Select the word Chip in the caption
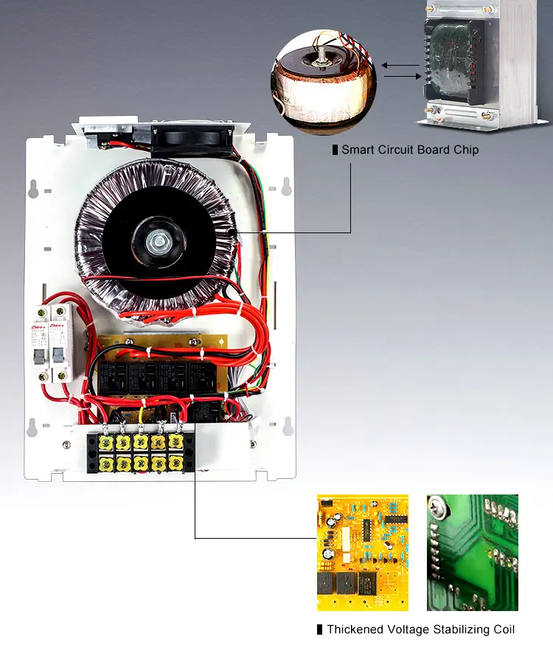466,150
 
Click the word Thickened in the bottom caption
355,630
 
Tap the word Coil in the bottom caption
501,630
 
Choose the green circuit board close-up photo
472,552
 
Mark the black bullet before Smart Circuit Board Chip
335,150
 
